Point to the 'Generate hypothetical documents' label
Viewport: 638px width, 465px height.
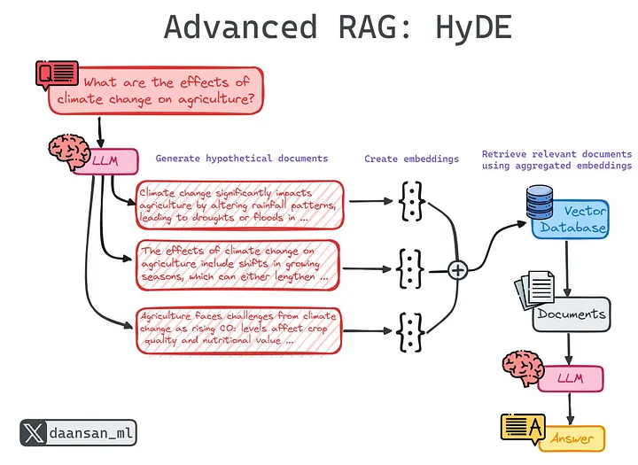coord(241,159)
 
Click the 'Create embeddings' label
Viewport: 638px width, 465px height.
coord(411,159)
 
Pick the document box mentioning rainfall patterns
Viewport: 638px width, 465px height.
coord(239,205)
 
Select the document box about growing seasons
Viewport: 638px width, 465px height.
coord(239,264)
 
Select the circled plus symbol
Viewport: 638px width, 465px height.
coord(457,269)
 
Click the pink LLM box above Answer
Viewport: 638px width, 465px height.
coord(570,378)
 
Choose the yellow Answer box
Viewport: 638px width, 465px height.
coord(572,438)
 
